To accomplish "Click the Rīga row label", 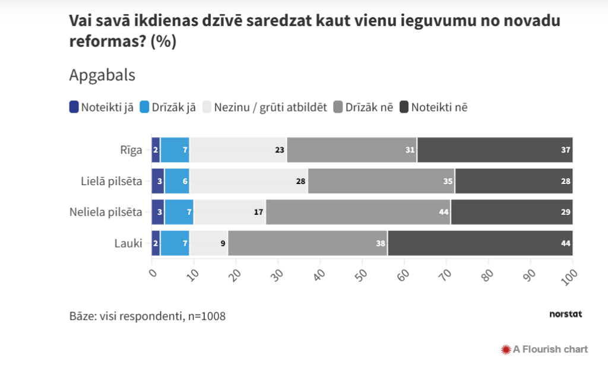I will click(130, 150).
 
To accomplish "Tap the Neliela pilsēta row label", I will click(106, 211).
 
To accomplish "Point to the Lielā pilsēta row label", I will click(112, 180).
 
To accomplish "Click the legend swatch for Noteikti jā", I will click(74, 107).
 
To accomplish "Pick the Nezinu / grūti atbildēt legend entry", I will click(265, 107).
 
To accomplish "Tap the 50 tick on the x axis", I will click(361, 274).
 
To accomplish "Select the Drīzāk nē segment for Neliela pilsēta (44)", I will click(358, 212).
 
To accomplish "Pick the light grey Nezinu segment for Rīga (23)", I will click(237, 150).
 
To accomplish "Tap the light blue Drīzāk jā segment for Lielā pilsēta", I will click(177, 181).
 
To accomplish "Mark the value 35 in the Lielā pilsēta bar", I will click(448, 181).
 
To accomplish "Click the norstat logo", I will click(565, 314).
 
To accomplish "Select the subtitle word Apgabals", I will click(102, 75).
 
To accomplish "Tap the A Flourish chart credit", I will click(544, 349).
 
